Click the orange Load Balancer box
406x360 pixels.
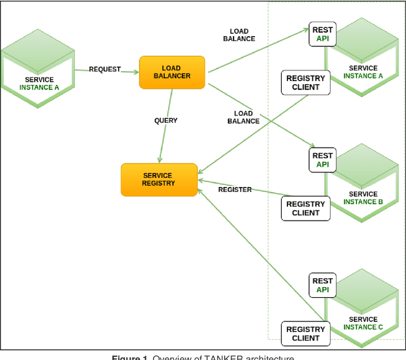click(x=172, y=72)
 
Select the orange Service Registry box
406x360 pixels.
click(x=158, y=179)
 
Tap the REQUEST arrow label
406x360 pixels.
click(x=105, y=69)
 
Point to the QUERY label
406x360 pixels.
click(x=166, y=120)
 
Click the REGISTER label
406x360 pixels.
click(x=235, y=190)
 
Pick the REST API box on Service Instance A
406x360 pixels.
click(x=322, y=34)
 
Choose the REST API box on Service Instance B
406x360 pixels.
click(x=322, y=160)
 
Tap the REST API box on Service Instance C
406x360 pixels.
click(x=322, y=285)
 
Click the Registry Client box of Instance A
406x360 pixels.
click(x=306, y=83)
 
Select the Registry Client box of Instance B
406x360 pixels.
click(x=306, y=209)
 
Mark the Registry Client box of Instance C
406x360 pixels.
click(x=306, y=334)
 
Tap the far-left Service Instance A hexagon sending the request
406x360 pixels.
click(x=38, y=70)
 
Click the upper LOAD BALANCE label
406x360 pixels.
click(x=239, y=35)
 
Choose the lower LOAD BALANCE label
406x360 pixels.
click(x=243, y=117)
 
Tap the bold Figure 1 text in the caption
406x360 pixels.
click(x=130, y=357)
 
